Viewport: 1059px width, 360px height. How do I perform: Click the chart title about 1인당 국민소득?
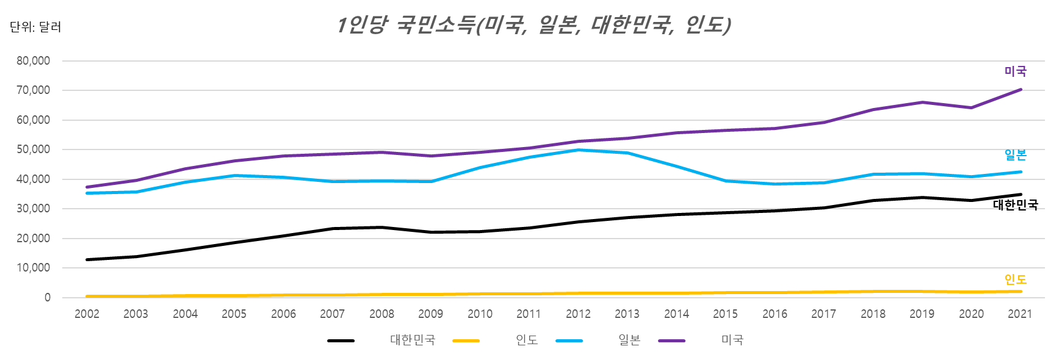533,25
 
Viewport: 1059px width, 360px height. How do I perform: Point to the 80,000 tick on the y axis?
34,61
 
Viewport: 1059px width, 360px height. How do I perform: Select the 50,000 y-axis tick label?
34,149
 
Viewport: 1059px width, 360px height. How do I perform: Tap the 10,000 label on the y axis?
34,268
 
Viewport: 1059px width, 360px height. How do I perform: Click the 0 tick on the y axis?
47,298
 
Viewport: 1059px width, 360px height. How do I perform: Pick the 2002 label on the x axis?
87,314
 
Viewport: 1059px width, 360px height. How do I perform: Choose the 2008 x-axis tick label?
381,314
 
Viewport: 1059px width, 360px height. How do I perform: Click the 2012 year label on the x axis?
578,314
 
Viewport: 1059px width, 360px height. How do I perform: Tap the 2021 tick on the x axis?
1020,314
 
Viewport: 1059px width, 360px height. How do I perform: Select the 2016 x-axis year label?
775,314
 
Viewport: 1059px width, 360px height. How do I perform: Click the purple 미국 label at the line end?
1016,71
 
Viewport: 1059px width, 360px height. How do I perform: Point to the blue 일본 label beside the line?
1016,155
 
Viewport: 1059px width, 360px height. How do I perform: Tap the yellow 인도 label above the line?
1016,279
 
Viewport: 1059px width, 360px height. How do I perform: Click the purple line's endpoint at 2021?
1021,90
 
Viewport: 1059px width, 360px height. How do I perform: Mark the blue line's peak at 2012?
578,149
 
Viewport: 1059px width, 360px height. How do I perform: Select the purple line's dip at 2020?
971,107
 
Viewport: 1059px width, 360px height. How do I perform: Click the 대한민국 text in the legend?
413,340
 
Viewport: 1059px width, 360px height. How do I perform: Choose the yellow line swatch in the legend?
466,340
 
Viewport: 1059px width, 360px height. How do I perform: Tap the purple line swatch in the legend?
671,340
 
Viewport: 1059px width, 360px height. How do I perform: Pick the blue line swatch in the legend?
569,340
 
